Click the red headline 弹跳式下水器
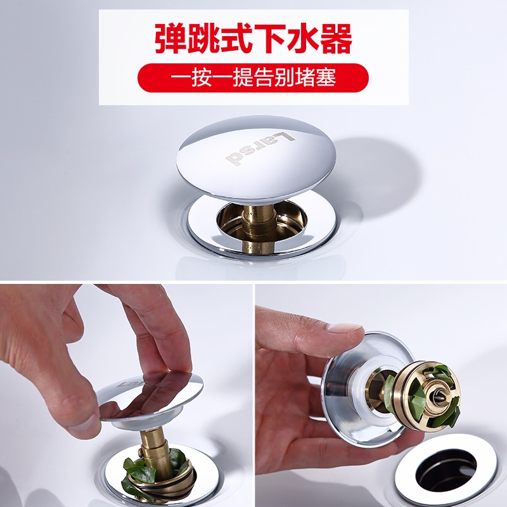click(253, 39)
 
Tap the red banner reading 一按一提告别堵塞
click(253, 77)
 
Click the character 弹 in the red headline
click(170, 39)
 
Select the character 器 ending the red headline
click(337, 39)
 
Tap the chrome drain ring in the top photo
click(263, 226)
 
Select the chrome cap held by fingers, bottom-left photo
click(150, 399)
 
